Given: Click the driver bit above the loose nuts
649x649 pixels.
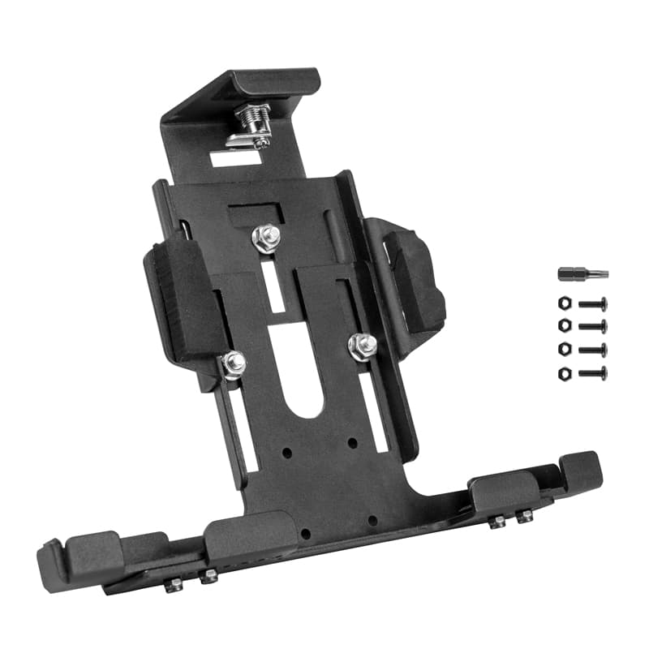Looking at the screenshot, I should (x=582, y=274).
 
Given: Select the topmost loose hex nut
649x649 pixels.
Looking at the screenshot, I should (x=564, y=304).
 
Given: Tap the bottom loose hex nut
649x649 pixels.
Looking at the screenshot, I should (x=564, y=373).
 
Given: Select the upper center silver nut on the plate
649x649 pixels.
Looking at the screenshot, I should (x=265, y=238).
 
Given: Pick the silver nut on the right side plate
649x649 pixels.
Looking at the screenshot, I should (x=361, y=345).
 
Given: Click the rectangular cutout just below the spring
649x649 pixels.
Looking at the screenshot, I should (x=235, y=158).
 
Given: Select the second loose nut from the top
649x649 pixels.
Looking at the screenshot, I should (x=564, y=327).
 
